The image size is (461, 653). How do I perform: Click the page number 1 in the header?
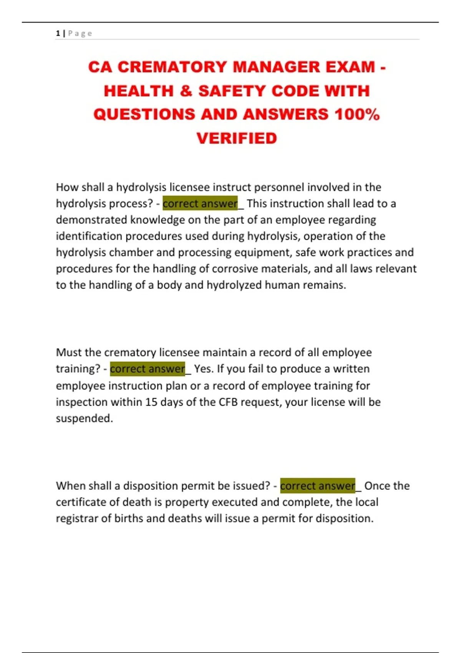(58, 33)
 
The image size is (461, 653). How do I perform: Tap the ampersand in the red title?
(186, 91)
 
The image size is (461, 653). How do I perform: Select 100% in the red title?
(357, 114)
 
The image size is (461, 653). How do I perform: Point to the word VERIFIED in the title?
(237, 138)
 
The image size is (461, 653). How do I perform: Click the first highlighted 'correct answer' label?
(200, 204)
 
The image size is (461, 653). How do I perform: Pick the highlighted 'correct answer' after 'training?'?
(148, 369)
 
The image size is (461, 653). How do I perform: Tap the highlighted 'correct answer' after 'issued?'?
(318, 486)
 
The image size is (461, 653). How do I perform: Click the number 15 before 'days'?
(151, 402)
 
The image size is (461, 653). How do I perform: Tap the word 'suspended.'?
(85, 418)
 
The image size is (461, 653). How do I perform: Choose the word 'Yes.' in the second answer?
(204, 369)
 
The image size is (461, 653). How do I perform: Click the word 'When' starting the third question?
(69, 486)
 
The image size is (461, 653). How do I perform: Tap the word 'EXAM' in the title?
(350, 67)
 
